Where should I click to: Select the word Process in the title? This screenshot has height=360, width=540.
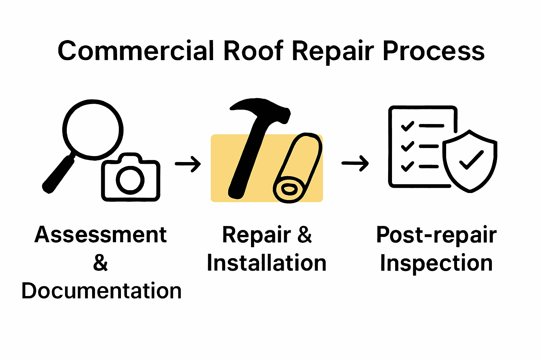click(433, 51)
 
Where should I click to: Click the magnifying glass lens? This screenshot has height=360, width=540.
click(93, 129)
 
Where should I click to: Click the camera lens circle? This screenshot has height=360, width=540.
click(130, 180)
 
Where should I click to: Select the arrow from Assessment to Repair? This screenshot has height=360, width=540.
click(188, 164)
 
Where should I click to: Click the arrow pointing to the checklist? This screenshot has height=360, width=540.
click(355, 163)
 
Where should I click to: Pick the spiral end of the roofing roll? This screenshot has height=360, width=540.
click(289, 190)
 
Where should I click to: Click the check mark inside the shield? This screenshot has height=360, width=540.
click(471, 160)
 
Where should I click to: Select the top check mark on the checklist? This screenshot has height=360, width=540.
click(407, 126)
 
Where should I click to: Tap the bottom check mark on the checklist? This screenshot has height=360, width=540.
click(407, 166)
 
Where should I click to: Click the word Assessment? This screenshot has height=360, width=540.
click(101, 235)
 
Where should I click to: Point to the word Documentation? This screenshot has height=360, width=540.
click(102, 291)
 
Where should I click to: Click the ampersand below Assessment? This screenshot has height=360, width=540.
click(101, 263)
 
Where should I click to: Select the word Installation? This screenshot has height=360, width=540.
click(266, 263)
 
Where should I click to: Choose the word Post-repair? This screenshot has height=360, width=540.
click(436, 235)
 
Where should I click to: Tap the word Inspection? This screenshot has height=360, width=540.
click(436, 263)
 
